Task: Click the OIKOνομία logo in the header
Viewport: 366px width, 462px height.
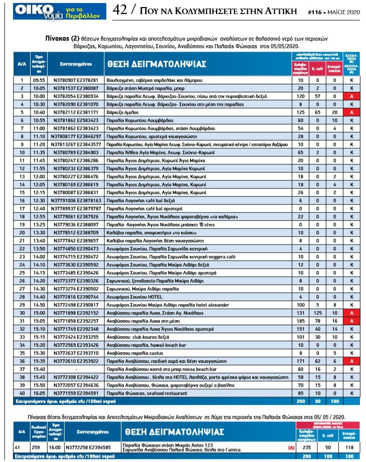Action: tap(54, 11)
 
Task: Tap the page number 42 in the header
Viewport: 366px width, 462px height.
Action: tap(120, 10)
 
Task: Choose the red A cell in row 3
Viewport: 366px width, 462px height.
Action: tap(352, 95)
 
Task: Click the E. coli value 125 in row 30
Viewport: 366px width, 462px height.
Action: tap(317, 312)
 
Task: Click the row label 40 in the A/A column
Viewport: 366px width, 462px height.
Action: tap(22, 392)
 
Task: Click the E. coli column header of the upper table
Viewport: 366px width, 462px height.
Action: tap(317, 67)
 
